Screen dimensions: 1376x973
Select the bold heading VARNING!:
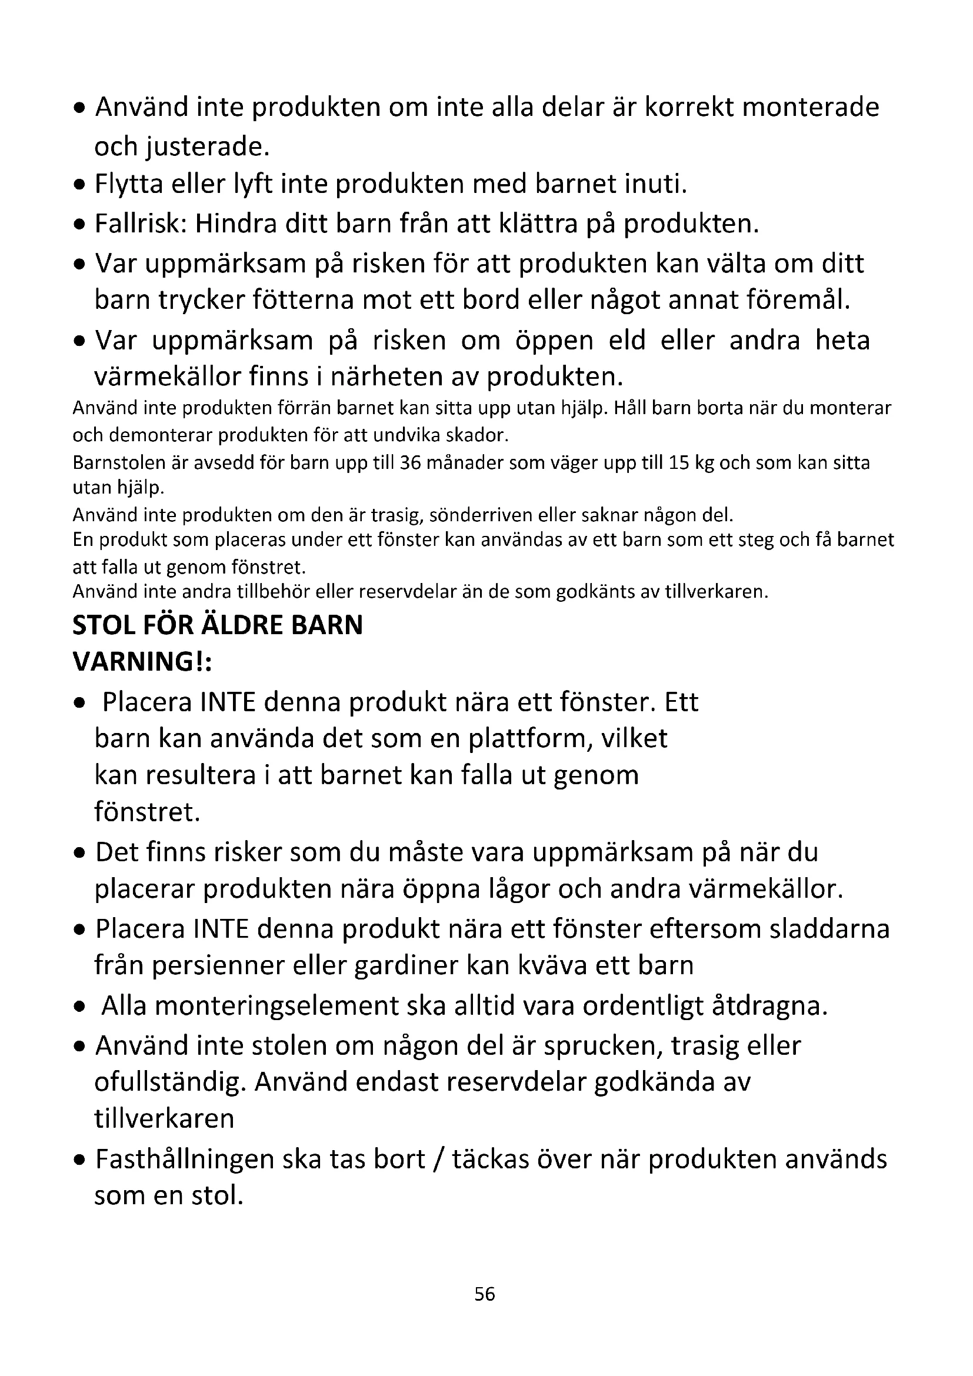pyautogui.click(x=142, y=662)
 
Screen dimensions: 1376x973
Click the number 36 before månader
pyautogui.click(x=409, y=462)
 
